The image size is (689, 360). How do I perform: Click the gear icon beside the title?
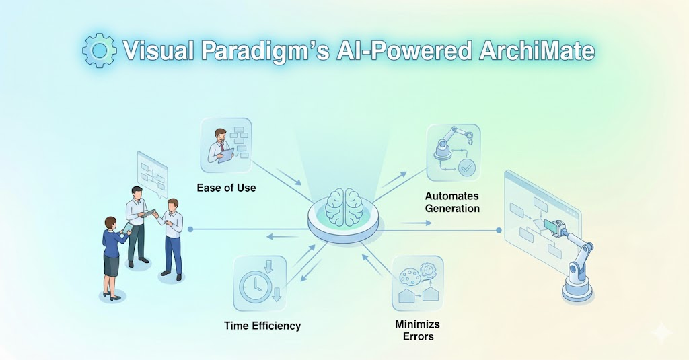click(x=100, y=50)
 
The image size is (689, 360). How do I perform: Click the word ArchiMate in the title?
click(x=536, y=50)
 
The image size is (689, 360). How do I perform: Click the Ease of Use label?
click(x=226, y=188)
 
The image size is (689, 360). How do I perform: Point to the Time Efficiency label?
click(x=262, y=326)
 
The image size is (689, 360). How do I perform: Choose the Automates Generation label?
click(x=452, y=202)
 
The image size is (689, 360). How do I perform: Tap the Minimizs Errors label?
click(x=417, y=330)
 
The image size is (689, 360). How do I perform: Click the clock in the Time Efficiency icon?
click(x=254, y=286)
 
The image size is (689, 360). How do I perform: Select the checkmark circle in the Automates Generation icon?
click(x=466, y=168)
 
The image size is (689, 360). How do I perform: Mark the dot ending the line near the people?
click(x=190, y=229)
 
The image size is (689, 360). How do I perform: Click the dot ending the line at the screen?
click(x=499, y=230)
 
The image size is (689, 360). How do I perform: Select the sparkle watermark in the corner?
click(x=661, y=332)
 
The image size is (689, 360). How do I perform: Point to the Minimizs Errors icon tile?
click(x=417, y=283)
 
